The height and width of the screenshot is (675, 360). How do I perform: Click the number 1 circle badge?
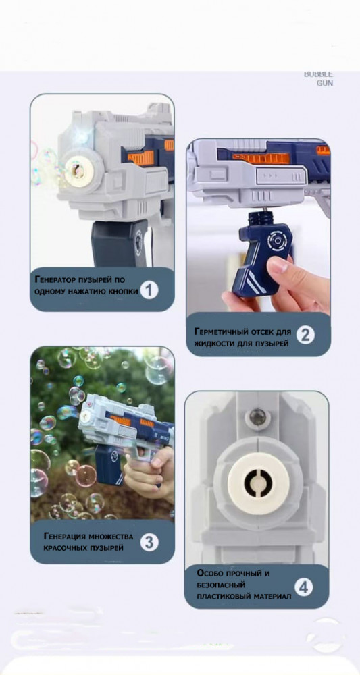149,290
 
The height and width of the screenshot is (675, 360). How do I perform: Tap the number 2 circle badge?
305,335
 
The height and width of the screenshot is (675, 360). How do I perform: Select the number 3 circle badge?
149,543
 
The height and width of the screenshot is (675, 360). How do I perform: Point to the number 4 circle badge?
303,588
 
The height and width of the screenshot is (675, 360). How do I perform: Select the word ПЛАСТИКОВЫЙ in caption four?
220,596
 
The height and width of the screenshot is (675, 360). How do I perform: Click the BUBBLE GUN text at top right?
319,79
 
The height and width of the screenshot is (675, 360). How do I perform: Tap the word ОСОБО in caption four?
209,573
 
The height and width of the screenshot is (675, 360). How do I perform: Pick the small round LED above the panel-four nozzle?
257,416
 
